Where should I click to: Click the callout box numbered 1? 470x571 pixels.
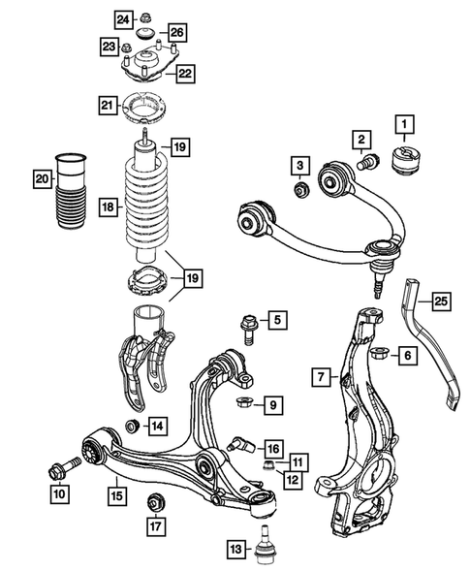pos(401,123)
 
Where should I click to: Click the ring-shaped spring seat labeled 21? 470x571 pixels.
pos(149,106)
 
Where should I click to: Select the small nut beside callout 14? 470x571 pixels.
pos(132,425)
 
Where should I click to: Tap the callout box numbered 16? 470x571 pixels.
pos(274,448)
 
